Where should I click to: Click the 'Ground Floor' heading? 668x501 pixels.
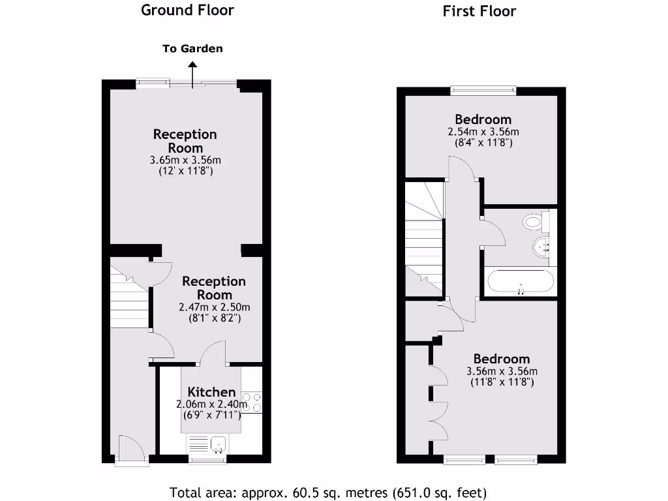click(187, 10)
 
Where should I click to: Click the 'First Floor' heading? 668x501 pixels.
click(479, 11)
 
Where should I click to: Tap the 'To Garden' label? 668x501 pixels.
click(192, 48)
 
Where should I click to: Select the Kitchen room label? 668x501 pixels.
click(211, 392)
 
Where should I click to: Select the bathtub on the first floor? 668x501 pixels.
click(521, 282)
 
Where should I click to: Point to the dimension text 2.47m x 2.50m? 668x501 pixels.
click(214, 307)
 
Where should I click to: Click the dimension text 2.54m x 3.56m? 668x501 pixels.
click(483, 132)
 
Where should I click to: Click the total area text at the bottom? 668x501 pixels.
click(328, 492)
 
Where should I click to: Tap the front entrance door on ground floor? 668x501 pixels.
click(127, 449)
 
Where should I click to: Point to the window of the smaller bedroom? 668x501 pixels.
click(483, 91)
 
